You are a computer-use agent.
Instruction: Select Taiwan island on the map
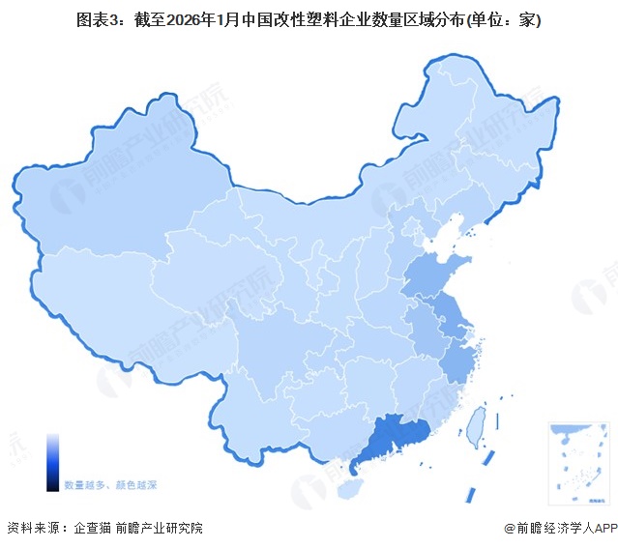[x=476, y=421]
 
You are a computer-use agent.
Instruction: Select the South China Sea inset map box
[x=576, y=462]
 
